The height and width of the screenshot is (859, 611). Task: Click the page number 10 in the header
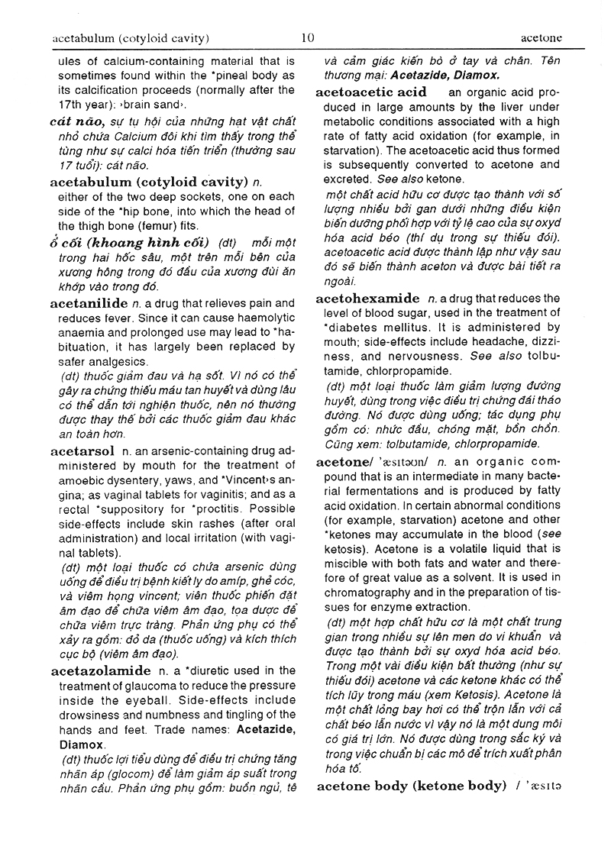pyautogui.click(x=308, y=37)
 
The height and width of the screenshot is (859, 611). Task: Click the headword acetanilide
pyautogui.click(x=89, y=303)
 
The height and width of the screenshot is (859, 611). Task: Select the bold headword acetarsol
pyautogui.click(x=82, y=450)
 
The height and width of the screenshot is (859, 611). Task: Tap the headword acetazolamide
pyautogui.click(x=100, y=671)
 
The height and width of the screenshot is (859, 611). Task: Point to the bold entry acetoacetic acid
pyautogui.click(x=370, y=92)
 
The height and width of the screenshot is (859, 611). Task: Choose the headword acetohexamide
pyautogui.click(x=367, y=298)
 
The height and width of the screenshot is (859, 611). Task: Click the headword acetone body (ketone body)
pyautogui.click(x=411, y=786)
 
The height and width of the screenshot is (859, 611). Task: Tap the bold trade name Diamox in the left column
pyautogui.click(x=79, y=744)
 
